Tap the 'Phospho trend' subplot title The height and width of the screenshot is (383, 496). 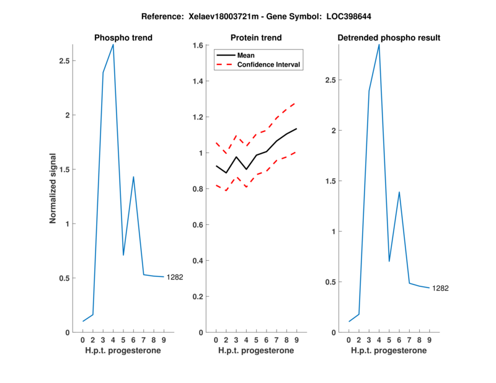coord(123,38)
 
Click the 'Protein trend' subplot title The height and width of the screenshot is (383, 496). coord(256,38)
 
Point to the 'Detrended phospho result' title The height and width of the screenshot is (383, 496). coord(389,38)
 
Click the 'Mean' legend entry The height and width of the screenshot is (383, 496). coord(246,55)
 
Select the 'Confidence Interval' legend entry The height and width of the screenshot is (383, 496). coord(269,64)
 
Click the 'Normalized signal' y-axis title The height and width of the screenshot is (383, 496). coord(53,188)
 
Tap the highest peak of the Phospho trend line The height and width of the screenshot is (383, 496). coord(113,45)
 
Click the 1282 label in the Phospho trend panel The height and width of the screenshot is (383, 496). coord(175,277)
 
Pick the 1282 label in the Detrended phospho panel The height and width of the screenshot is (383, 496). coord(440,288)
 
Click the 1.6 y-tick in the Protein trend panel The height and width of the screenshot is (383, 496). coord(198,45)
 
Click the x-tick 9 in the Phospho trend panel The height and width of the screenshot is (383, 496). coord(164,340)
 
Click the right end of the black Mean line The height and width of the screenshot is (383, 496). coord(296,129)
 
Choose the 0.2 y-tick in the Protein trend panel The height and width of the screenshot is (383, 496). coord(198,296)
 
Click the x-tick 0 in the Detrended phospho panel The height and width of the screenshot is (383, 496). coord(349,340)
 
